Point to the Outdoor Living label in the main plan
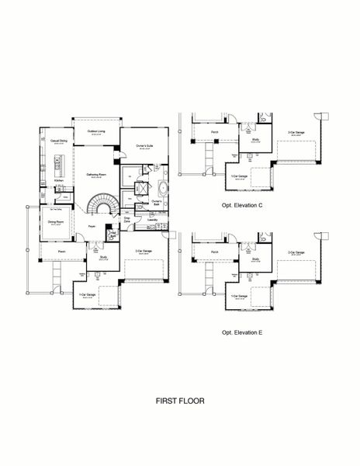(97, 131)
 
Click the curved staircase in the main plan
(99, 207)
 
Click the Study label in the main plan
(103, 256)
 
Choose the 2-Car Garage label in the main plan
(141, 251)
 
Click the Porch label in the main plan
(61, 251)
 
